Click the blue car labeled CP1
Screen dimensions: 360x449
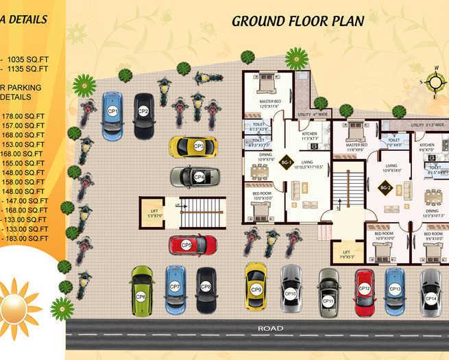click(112, 115)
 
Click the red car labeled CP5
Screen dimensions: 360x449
click(193, 244)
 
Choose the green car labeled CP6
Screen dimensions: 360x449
click(142, 291)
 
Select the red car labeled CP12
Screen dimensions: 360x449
click(364, 289)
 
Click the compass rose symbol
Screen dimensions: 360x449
click(435, 82)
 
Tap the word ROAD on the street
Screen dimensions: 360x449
click(270, 328)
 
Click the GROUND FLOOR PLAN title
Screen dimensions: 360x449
click(298, 20)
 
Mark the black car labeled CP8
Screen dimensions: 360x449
click(206, 289)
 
